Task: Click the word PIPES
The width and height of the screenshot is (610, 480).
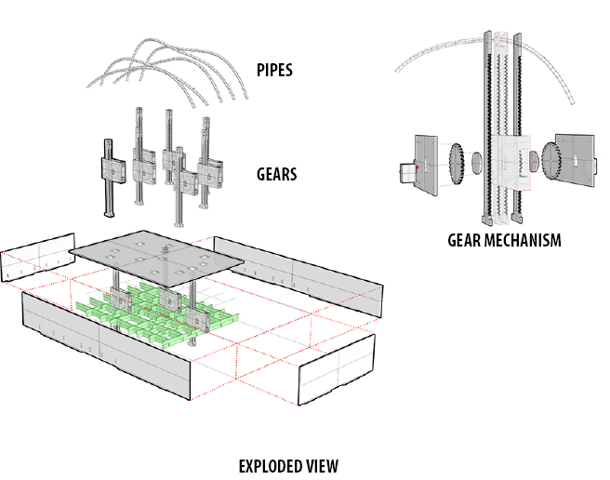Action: coord(275,69)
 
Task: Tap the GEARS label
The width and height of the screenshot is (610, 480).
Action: coord(277,174)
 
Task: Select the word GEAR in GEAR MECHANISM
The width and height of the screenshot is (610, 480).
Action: coord(466,240)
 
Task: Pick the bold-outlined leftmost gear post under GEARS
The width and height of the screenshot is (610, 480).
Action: coord(107,181)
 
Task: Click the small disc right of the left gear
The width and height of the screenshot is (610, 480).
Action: coord(476,164)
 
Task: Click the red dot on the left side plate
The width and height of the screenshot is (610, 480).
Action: coord(419,167)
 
